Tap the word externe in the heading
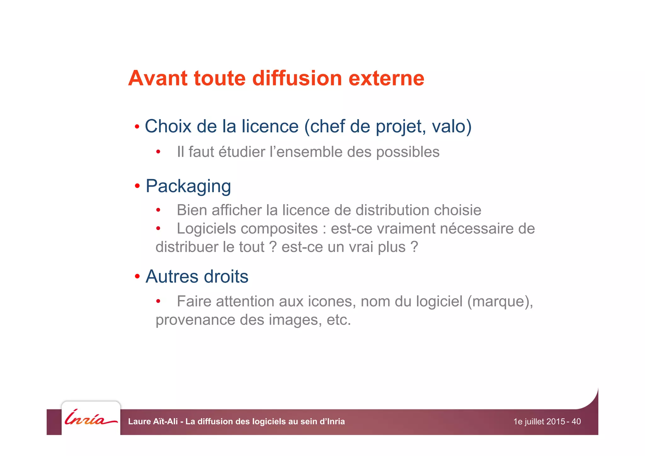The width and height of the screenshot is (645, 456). click(x=386, y=78)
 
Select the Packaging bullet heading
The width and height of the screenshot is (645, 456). click(x=188, y=186)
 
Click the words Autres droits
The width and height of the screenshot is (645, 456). click(x=197, y=277)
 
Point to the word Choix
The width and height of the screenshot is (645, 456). click(x=168, y=126)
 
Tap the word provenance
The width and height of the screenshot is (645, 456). click(x=195, y=320)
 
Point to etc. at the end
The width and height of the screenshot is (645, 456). click(x=339, y=320)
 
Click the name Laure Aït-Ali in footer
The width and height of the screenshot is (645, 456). click(x=153, y=422)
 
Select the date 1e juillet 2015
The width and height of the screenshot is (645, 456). click(x=539, y=422)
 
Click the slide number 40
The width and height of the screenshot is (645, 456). click(x=576, y=422)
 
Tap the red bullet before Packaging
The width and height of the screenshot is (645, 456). click(x=137, y=186)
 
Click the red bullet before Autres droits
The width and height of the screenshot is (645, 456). click(x=137, y=277)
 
